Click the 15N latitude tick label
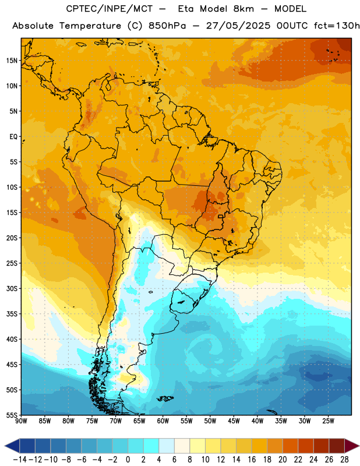tap(12, 61)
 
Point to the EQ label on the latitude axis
tap(13, 137)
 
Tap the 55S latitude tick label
tap(12, 415)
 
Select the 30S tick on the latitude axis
tap(12, 288)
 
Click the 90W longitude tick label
tap(21, 421)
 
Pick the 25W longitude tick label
tap(328, 421)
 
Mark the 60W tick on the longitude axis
tap(163, 421)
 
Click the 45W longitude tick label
tap(234, 421)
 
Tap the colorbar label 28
tap(344, 460)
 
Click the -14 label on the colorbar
tap(20, 460)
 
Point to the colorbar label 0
tap(128, 460)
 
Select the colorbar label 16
tap(252, 460)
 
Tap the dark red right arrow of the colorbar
tap(351, 446)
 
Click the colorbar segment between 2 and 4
tap(151, 446)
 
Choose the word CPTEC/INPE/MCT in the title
tap(110, 9)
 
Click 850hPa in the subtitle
tap(167, 26)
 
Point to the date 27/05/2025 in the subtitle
tap(238, 26)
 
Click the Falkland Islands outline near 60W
tap(165, 398)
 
